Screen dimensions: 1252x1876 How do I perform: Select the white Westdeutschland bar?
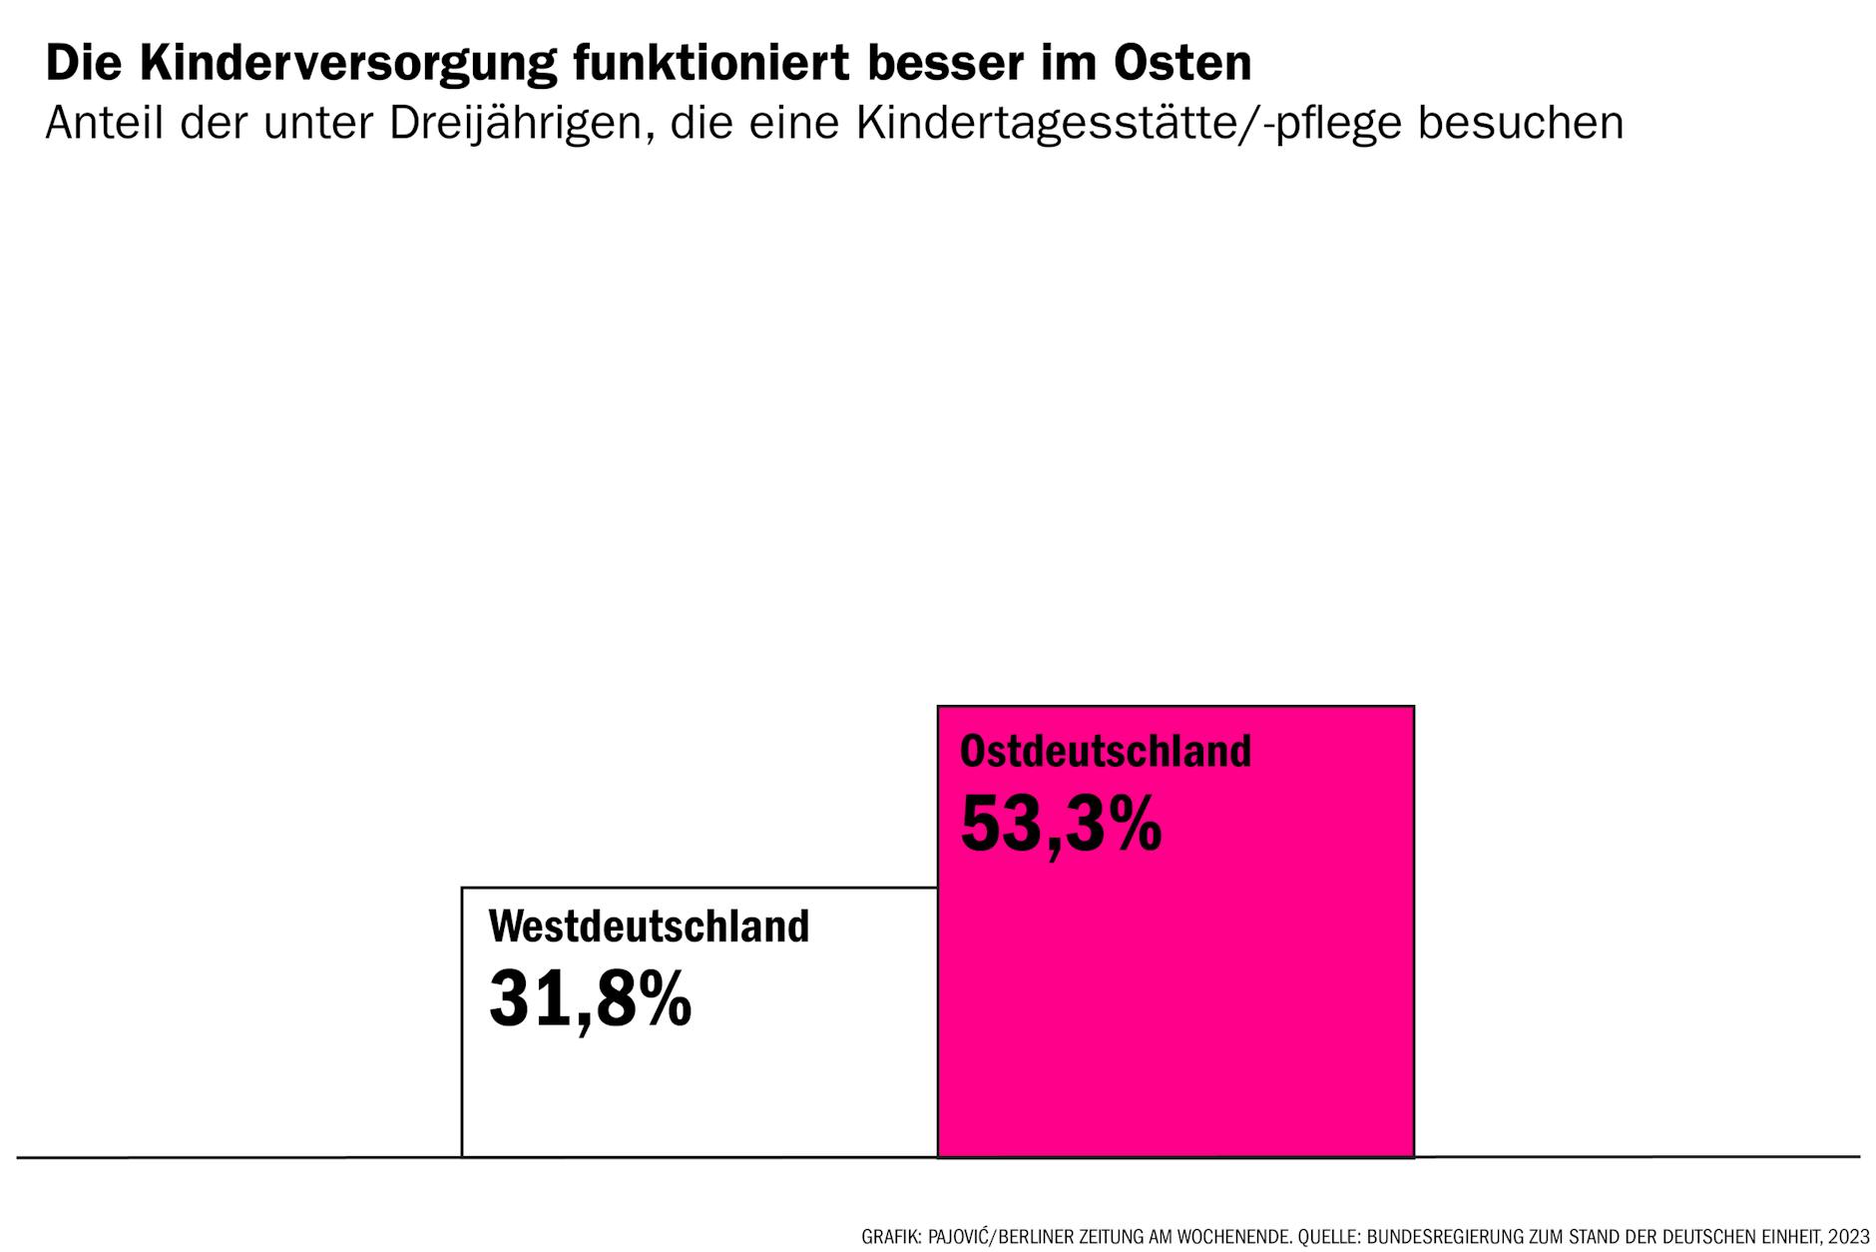tap(699, 1088)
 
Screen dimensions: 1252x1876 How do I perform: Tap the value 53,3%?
tap(1061, 825)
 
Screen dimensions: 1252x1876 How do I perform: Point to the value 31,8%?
tap(590, 999)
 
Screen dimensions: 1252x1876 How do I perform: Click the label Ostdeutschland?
tap(1105, 751)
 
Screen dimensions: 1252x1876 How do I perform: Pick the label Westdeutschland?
tap(649, 927)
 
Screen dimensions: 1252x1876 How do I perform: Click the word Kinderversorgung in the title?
tap(347, 64)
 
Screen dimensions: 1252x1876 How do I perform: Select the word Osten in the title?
tap(1182, 63)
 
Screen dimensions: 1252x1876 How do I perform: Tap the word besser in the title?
tap(931, 63)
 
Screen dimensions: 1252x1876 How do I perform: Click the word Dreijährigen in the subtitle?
tap(522, 124)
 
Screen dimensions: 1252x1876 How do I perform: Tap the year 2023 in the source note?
tap(1849, 1237)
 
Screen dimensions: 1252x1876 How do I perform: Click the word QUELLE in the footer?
tap(1327, 1237)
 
